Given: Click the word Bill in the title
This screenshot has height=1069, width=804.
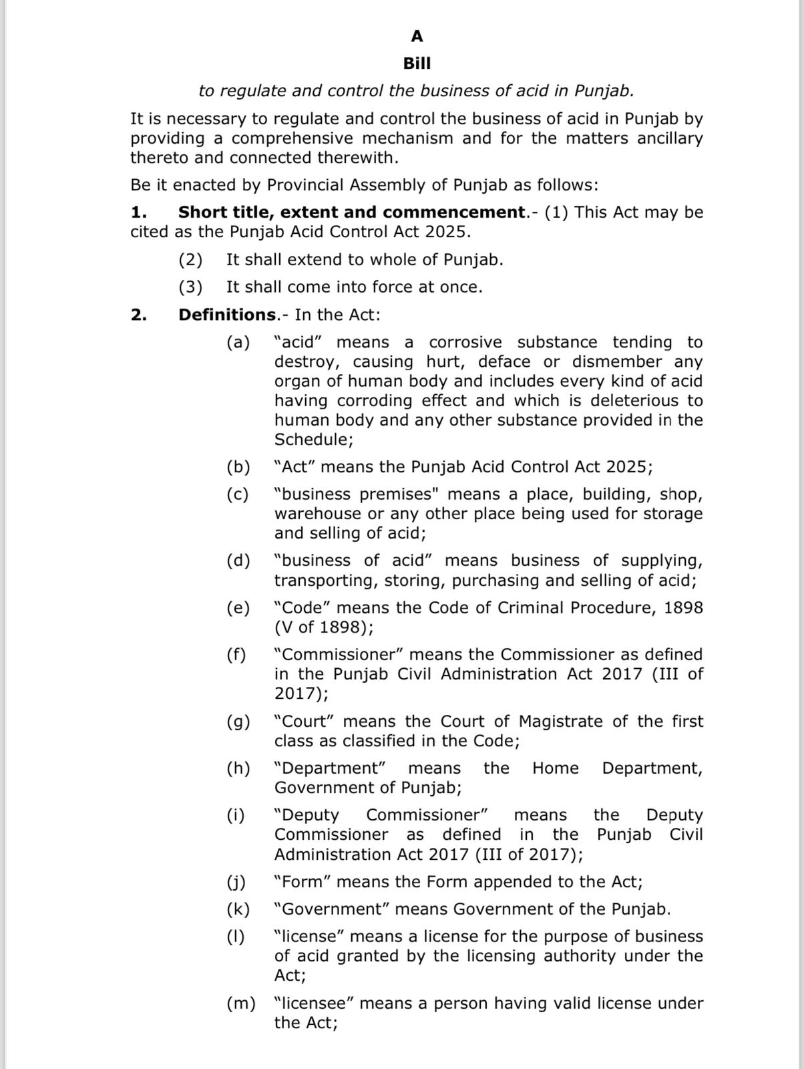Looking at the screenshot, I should pos(417,63).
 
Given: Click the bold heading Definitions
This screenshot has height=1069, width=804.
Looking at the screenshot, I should pos(227,315).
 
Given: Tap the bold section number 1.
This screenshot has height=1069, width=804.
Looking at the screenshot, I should pos(138,212).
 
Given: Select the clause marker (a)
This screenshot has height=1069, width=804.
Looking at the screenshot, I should pos(238,343).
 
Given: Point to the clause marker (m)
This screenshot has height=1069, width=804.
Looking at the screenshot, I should pos(241,1004).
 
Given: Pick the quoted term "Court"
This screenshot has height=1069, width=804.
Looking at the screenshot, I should pos(304,722).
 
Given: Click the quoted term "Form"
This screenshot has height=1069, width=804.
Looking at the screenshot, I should pos(303,882).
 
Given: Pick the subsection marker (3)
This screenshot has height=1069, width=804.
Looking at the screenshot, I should pos(190,287).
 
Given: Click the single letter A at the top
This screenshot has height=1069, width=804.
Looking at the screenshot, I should pos(417,36).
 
